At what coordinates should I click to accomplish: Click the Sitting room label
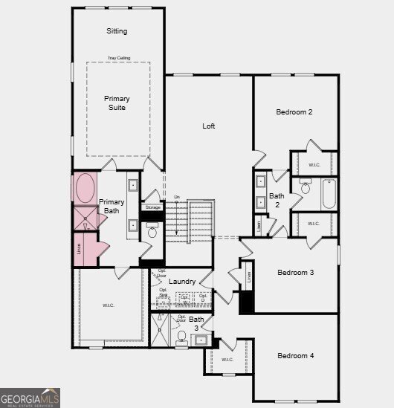pos(117,31)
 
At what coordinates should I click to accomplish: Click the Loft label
pos(209,126)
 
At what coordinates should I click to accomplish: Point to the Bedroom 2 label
pos(294,112)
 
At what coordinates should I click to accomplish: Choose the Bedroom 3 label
pos(295,273)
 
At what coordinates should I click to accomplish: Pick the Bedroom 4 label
pos(295,356)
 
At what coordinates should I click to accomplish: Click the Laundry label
pos(182,282)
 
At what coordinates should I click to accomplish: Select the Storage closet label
pos(153,207)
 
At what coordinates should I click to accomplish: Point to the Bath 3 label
pos(196,323)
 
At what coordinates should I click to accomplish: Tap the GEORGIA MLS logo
pos(30,400)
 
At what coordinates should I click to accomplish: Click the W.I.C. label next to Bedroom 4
pos(227,360)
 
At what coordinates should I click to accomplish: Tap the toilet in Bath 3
pos(181,337)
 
